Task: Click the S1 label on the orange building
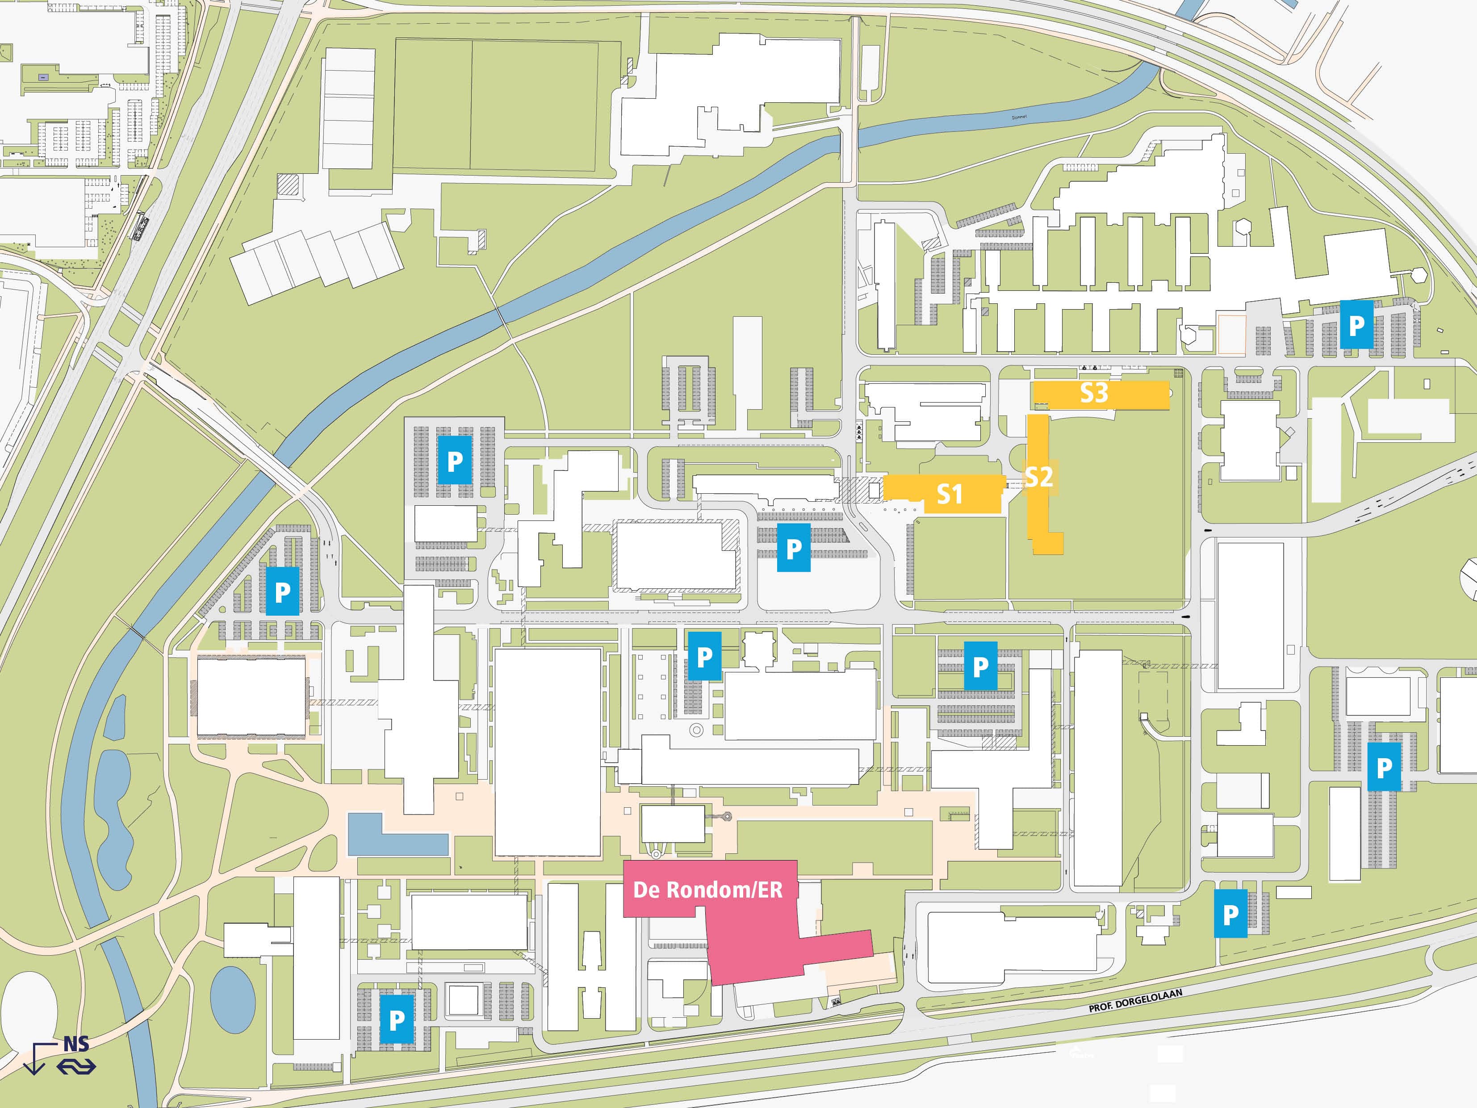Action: pyautogui.click(x=950, y=494)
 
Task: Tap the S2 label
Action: pyautogui.click(x=1038, y=477)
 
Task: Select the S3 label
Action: pyautogui.click(x=1094, y=393)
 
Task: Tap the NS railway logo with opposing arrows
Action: pyautogui.click(x=76, y=1065)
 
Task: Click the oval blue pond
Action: pyautogui.click(x=232, y=1000)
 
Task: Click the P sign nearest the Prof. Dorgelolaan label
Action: pyautogui.click(x=1230, y=914)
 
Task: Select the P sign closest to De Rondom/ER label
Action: pyautogui.click(x=704, y=656)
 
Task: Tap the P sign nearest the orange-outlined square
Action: pyautogui.click(x=1356, y=325)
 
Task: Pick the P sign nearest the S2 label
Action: pyautogui.click(x=980, y=666)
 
